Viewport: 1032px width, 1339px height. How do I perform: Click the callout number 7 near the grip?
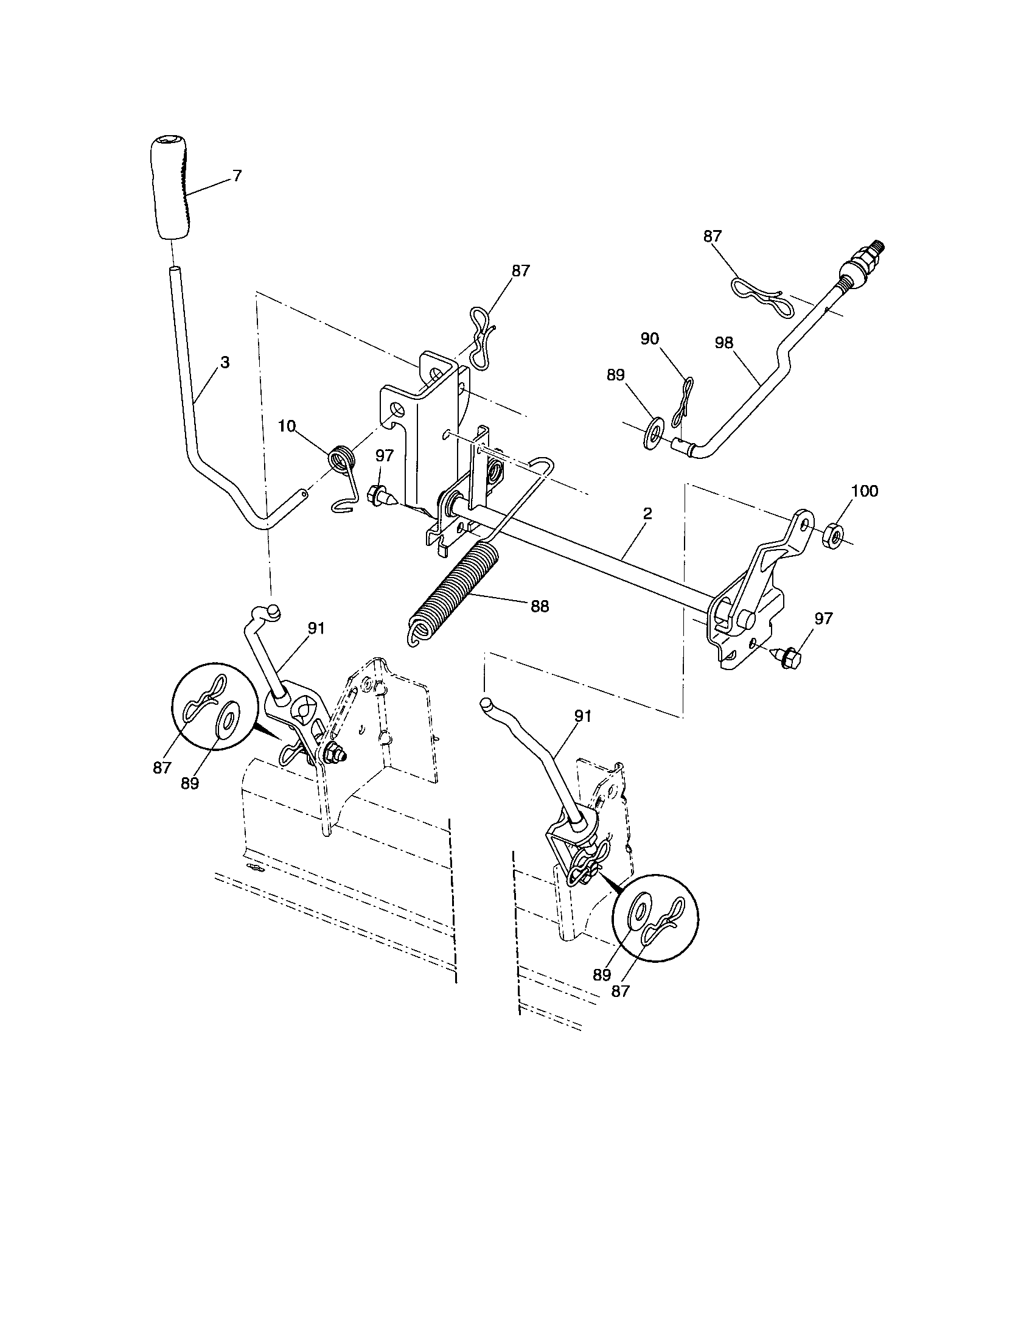(237, 176)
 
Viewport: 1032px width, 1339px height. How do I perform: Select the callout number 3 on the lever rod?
(225, 362)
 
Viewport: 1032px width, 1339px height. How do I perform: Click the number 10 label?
(287, 426)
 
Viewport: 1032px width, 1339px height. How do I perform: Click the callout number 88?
(540, 606)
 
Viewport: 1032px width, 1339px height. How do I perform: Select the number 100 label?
(865, 491)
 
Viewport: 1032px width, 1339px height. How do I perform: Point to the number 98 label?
(723, 343)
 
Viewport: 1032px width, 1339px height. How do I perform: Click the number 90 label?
(650, 338)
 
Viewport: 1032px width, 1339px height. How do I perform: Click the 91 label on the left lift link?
(316, 629)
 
